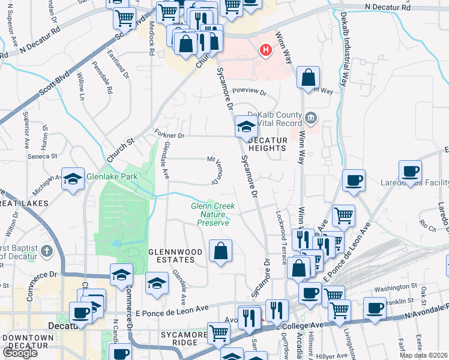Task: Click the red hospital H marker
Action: pos(265,50)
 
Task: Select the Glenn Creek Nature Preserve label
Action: pos(213,214)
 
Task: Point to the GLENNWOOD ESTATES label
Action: pos(166,255)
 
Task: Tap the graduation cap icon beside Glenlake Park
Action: pos(73,179)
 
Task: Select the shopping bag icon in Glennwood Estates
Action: pos(220,250)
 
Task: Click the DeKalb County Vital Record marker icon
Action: pos(311,116)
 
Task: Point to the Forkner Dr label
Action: pos(168,134)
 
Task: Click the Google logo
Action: pos(20,353)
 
